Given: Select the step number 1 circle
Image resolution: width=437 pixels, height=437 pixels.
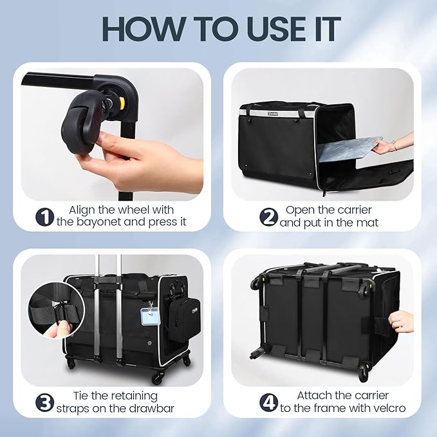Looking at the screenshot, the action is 44,217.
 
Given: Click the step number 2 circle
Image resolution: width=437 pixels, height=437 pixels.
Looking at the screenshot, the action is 268,217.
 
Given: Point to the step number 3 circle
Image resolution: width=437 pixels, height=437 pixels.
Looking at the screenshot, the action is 44,403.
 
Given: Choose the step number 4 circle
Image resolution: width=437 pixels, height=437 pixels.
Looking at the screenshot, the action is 268,403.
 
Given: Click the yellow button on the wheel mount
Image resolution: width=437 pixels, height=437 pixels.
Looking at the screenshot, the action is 122,102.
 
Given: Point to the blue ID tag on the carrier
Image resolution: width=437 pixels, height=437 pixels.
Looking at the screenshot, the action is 148,317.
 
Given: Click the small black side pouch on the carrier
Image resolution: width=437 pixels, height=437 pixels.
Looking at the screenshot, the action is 184,320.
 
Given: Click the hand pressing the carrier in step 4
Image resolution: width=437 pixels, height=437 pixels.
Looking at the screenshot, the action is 400,321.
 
